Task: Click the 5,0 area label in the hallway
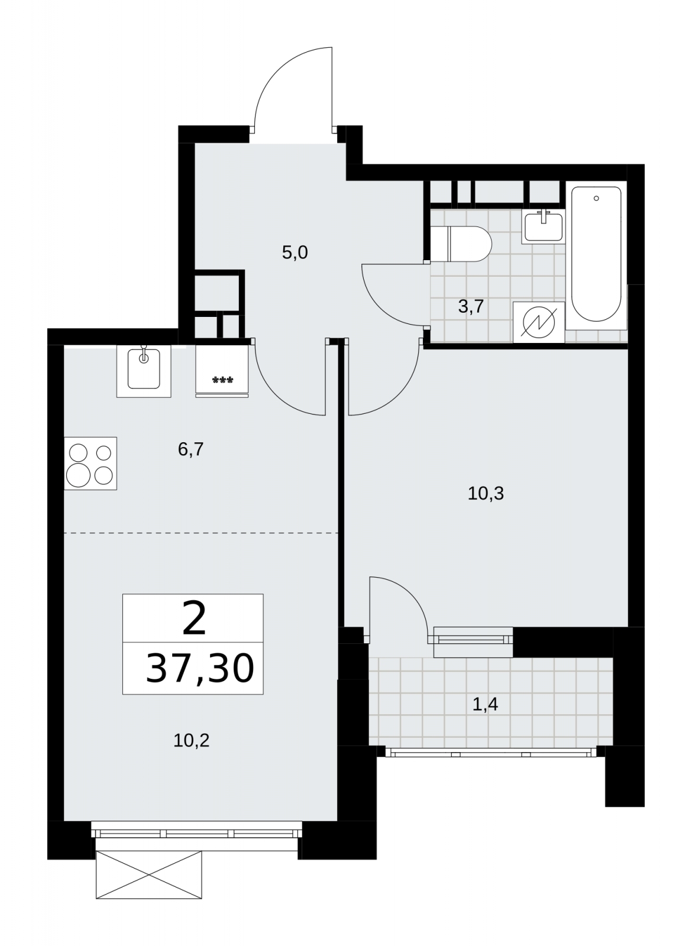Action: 295,253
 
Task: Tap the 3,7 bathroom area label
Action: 471,307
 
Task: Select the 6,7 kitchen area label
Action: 191,449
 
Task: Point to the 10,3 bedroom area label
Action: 486,493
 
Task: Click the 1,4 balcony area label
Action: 485,705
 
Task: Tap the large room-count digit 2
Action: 194,618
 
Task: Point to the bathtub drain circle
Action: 596,199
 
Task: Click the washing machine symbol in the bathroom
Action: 539,322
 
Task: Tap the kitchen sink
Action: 144,371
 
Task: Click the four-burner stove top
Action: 90,464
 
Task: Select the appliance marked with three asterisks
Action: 222,371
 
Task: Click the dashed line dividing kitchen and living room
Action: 201,533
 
